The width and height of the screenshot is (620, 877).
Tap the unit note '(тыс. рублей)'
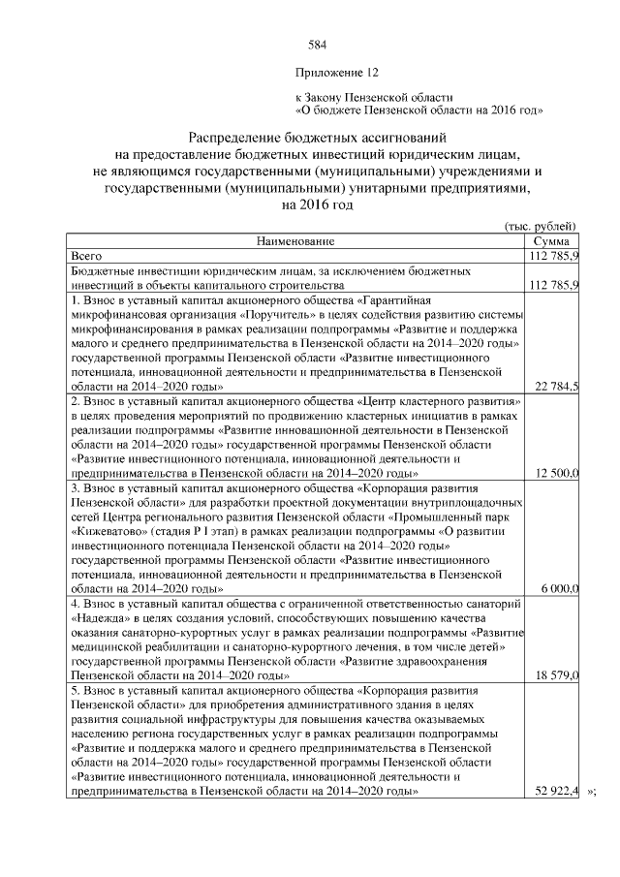(x=542, y=225)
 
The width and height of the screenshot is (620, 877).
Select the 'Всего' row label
(x=87, y=255)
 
